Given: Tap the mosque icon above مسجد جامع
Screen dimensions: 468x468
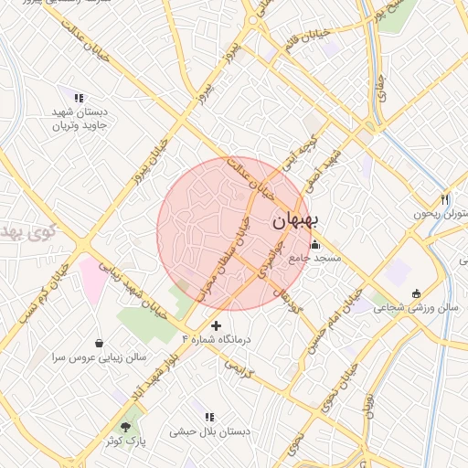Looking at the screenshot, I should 315,244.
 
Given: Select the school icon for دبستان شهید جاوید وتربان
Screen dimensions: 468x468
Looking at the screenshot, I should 79,98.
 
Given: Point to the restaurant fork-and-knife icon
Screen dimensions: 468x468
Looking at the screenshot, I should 444,198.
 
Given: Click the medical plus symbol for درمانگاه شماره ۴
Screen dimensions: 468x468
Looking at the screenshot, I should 216,325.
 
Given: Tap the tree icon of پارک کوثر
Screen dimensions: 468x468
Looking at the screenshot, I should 125,427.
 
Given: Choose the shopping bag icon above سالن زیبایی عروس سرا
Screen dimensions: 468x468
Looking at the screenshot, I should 98,343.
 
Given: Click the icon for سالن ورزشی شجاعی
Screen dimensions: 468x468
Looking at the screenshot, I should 417,293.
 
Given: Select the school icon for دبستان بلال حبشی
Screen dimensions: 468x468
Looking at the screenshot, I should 209,416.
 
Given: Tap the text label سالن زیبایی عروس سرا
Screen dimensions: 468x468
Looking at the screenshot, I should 98,359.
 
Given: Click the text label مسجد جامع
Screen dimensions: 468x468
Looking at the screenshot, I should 315,259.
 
